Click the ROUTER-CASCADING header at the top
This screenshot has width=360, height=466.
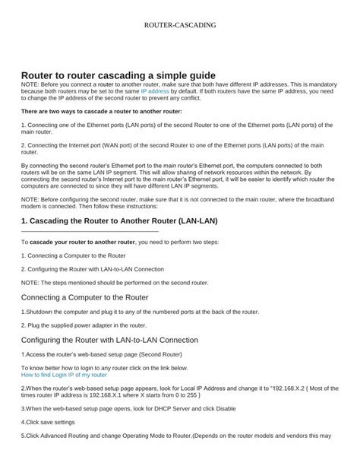[x=179, y=25]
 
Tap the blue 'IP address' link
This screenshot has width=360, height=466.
[x=134, y=90]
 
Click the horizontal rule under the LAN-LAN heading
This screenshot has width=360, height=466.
[x=90, y=230]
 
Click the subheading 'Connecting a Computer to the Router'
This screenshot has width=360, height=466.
[x=84, y=296]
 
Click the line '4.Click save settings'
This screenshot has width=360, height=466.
[x=48, y=421]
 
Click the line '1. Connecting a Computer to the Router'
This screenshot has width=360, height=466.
[x=73, y=255]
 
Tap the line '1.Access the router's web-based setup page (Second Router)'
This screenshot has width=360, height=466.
[x=101, y=354]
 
